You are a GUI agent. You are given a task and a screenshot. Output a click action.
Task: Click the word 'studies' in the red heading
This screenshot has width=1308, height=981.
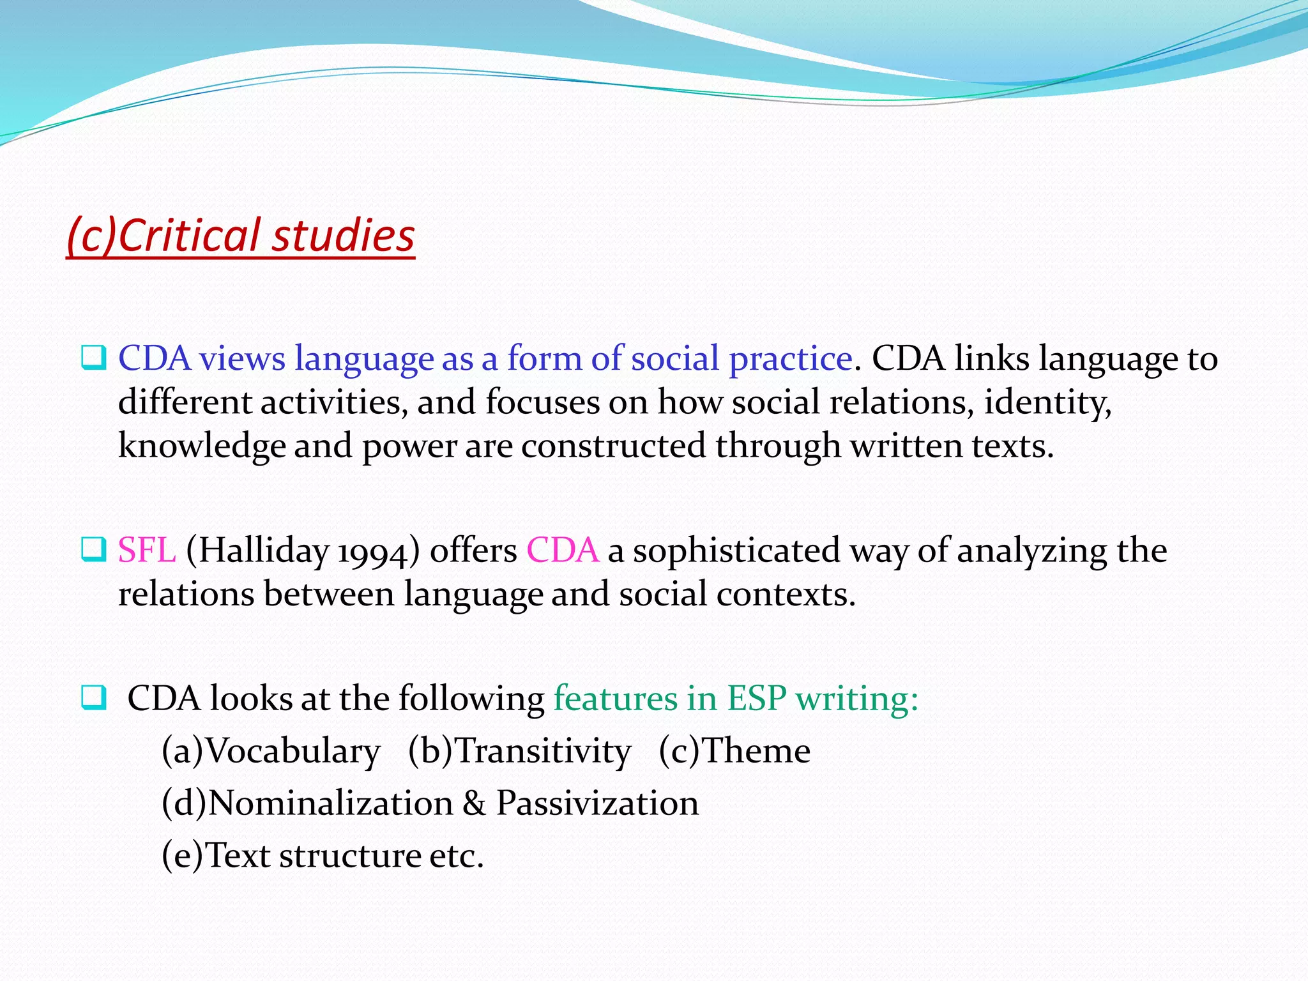(344, 235)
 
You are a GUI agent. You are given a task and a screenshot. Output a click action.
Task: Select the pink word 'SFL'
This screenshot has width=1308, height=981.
(146, 550)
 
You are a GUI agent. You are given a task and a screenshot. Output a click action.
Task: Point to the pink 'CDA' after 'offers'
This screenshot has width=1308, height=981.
(563, 550)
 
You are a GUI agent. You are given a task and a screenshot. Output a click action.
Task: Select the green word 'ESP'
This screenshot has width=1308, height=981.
(757, 698)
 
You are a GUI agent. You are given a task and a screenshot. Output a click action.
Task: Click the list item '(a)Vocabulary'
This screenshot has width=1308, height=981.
(271, 750)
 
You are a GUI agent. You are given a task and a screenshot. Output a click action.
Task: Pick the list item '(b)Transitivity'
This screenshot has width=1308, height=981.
(519, 750)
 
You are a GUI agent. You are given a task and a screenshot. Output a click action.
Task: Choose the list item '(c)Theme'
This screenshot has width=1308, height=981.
(734, 750)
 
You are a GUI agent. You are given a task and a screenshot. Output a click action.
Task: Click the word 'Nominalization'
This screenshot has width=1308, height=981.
(330, 803)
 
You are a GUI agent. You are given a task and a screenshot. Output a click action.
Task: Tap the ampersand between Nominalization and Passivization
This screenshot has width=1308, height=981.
(474, 803)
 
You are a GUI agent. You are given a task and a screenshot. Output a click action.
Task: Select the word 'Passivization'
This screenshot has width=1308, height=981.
(597, 803)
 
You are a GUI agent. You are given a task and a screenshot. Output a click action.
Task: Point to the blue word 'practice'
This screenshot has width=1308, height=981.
(790, 358)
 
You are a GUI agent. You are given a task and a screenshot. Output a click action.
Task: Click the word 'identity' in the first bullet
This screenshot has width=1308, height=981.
(1047, 402)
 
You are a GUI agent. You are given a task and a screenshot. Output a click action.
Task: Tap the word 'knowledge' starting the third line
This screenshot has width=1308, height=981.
(201, 446)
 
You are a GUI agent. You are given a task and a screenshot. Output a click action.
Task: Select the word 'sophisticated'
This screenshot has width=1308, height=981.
(736, 550)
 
